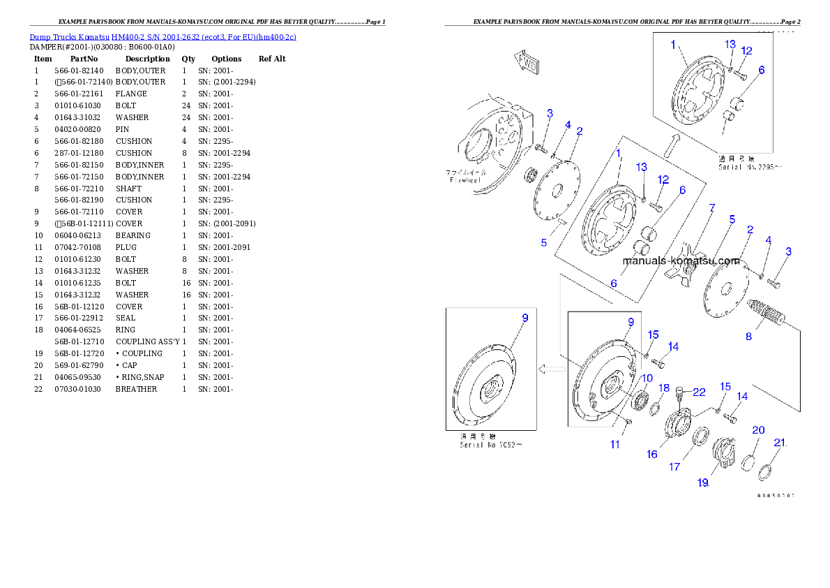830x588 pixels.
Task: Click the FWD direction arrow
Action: click(x=527, y=64)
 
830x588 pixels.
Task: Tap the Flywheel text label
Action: click(x=466, y=179)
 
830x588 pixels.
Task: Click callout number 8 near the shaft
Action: click(x=748, y=336)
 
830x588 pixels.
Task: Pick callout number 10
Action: click(x=647, y=378)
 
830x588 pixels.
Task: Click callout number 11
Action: click(x=614, y=443)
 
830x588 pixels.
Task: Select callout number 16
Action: click(x=652, y=454)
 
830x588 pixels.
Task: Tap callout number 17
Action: click(x=675, y=466)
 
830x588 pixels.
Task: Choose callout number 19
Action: click(x=703, y=482)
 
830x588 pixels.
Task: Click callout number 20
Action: click(x=758, y=430)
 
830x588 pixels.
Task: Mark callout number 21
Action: click(x=780, y=443)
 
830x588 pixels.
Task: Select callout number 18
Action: click(x=664, y=388)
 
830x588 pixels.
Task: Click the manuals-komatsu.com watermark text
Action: click(x=681, y=260)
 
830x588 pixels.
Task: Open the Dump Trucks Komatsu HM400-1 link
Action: click(x=163, y=36)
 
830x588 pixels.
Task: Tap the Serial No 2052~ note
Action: click(x=490, y=444)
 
